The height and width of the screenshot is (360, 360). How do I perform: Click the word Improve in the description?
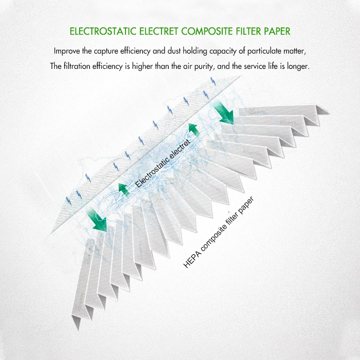click(67, 51)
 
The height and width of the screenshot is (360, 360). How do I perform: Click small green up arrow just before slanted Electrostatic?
click(123, 189)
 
